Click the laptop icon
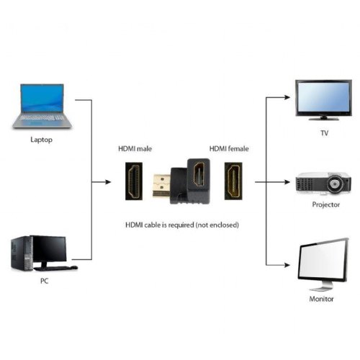point(42,106)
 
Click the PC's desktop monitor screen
point(49,248)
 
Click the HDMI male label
point(135,149)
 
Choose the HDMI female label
point(228,149)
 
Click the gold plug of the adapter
point(160,186)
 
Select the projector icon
point(323,184)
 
